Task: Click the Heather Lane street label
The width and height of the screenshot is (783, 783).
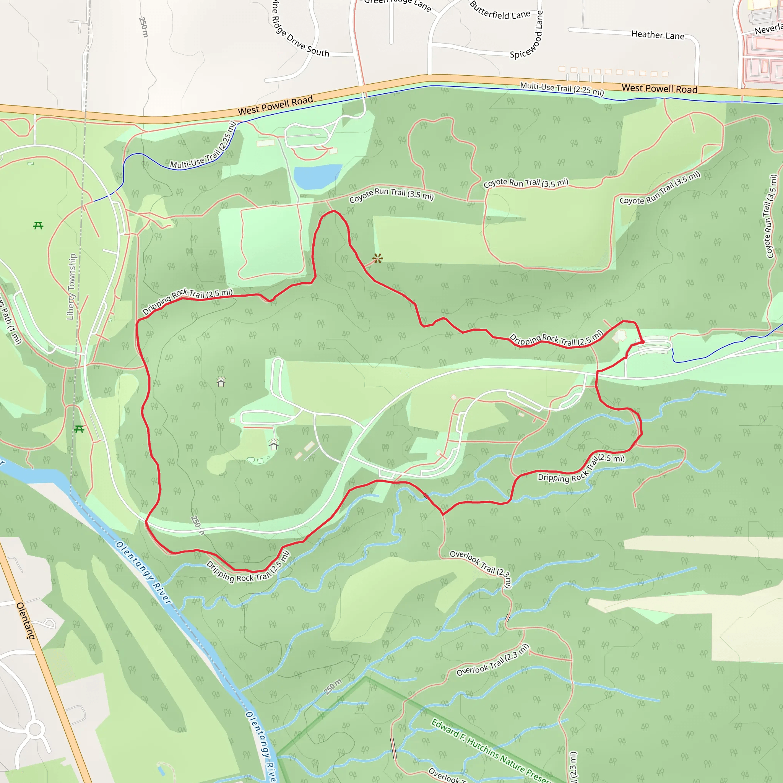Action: pos(657,35)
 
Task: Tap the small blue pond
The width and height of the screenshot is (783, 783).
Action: pos(317,175)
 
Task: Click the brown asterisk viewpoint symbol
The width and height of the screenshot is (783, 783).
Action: pos(378,258)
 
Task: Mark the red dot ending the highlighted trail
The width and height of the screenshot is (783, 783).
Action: pos(642,342)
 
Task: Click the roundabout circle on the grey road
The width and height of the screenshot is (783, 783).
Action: pos(35,729)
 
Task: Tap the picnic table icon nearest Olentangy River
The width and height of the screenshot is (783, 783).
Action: pos(79,429)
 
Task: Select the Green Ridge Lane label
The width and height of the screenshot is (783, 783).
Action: pos(397,3)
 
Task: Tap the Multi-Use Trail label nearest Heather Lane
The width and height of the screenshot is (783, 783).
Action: pos(562,88)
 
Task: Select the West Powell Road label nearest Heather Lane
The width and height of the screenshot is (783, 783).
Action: pos(660,89)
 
